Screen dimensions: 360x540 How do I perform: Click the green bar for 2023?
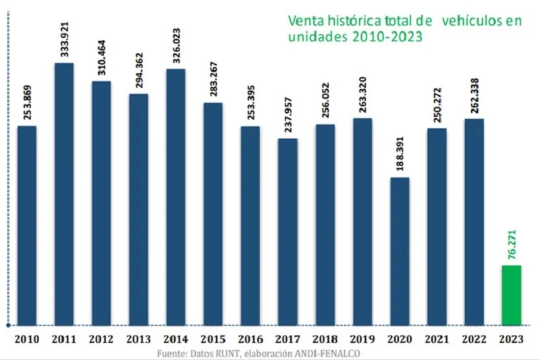click(x=511, y=294)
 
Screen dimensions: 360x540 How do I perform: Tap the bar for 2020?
click(x=400, y=251)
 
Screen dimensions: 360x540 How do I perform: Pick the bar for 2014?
click(x=175, y=197)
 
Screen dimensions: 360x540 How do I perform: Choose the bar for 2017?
click(x=288, y=231)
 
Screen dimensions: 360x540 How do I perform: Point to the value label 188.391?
click(x=400, y=157)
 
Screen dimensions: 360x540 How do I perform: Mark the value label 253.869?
click(x=27, y=105)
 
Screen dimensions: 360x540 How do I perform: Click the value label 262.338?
click(x=474, y=98)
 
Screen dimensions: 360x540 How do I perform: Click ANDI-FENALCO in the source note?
click(x=334, y=353)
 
